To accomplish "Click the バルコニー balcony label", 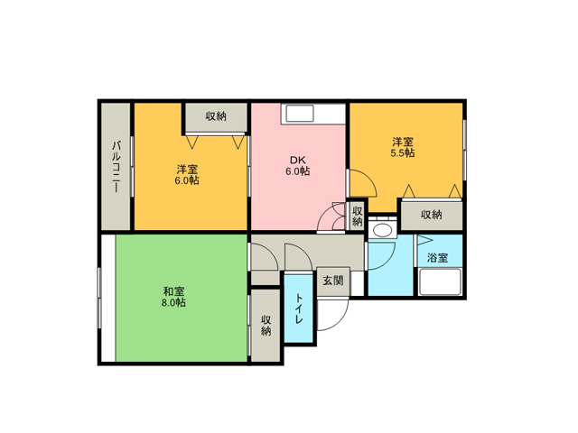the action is pos(116,166).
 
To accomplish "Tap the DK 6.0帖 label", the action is pos(297,166).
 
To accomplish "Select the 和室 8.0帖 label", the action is pos(173,297).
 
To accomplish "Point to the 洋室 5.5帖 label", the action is pos(403,147).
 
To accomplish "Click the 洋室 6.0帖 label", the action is pos(187,175).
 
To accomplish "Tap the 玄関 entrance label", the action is pos(333,281).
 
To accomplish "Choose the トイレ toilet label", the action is pos(299,309).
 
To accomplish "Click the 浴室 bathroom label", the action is pos(437,257).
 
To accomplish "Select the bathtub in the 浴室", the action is pos(440,281).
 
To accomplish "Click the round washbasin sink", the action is pos(383,231).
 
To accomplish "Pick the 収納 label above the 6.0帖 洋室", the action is pos(216,116).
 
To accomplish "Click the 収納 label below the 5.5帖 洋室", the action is pos(432,215).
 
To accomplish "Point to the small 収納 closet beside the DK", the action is pos(358,216).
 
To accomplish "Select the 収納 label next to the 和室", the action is pos(266,325).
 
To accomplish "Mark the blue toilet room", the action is pos(299,309).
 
